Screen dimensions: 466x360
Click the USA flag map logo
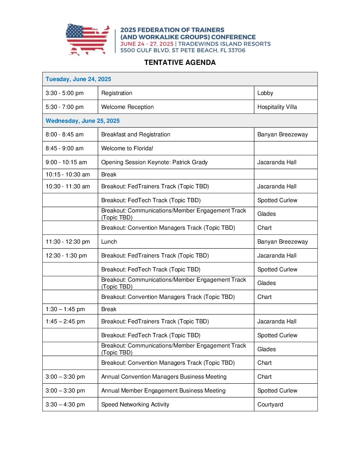[x=88, y=39]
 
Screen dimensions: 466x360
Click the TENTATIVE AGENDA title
[x=180, y=63]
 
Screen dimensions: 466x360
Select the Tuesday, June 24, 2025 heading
[x=78, y=79]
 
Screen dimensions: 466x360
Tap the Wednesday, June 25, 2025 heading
[x=83, y=121]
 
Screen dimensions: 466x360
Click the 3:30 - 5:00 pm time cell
[x=65, y=93]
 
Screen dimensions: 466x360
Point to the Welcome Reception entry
[x=127, y=107]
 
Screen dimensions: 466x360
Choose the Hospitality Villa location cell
[x=277, y=107]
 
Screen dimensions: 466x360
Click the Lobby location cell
[x=265, y=93]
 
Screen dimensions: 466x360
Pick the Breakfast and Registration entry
[x=136, y=134]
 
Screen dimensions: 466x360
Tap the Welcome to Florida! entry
[x=127, y=148]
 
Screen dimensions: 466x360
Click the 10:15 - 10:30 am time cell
[x=68, y=174]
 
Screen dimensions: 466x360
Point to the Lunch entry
[x=109, y=242]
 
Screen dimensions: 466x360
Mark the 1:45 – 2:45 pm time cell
[x=65, y=321]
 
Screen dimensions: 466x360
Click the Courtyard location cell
[x=270, y=404]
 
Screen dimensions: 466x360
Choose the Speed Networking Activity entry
[x=135, y=404]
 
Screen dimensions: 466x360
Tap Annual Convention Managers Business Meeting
[x=164, y=377]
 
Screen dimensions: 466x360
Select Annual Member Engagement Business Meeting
[x=163, y=391]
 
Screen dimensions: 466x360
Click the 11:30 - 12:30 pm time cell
[x=68, y=242]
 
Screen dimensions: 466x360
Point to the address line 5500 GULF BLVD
[x=183, y=50]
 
